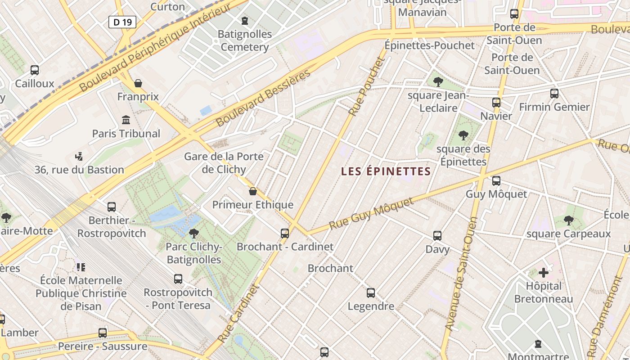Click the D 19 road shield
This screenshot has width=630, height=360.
[122, 22]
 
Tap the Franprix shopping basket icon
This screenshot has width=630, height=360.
[138, 83]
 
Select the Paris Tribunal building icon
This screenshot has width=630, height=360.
[126, 120]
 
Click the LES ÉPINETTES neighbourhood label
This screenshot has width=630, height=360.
[386, 171]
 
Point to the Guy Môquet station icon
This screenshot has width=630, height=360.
[496, 181]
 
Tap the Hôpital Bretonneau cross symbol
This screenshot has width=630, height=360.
[544, 273]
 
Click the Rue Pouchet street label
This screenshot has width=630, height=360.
[367, 86]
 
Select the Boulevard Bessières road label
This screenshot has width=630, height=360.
[263, 98]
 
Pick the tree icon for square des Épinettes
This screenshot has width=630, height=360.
[463, 135]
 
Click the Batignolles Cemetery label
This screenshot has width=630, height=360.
[245, 40]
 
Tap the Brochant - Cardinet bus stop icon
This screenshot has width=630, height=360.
[285, 234]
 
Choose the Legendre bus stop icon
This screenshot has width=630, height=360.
[371, 293]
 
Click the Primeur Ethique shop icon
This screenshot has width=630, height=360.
[253, 192]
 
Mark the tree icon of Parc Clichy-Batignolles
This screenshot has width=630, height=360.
[194, 234]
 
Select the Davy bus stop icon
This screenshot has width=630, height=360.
[437, 236]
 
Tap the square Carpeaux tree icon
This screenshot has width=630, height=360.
[569, 220]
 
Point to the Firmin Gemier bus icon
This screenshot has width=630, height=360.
[554, 94]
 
